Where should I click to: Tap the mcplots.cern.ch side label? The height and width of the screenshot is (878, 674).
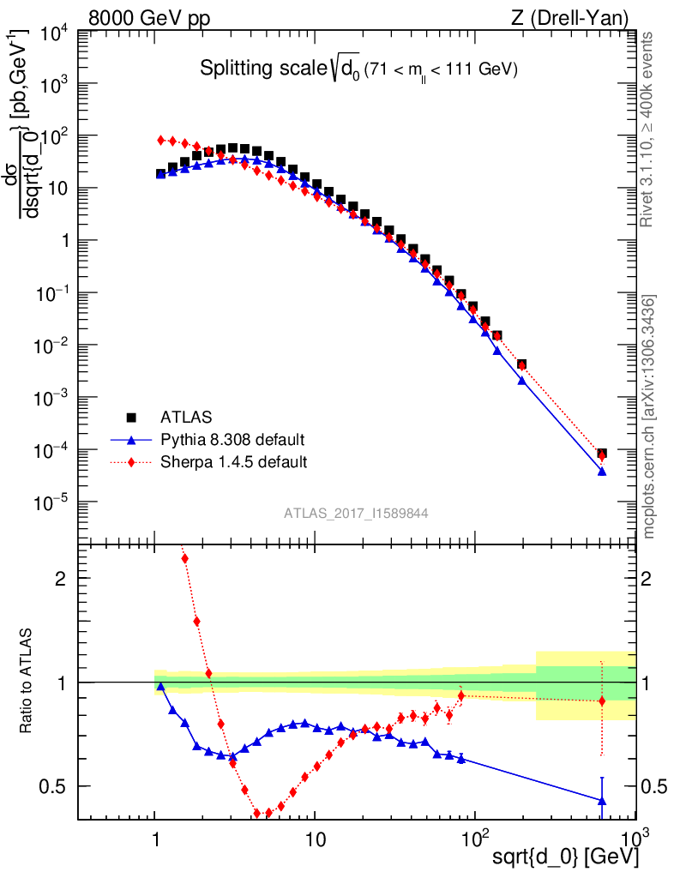[x=650, y=417]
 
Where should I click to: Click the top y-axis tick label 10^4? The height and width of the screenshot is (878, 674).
[x=52, y=33]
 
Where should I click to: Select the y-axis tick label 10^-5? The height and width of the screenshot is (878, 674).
[x=51, y=502]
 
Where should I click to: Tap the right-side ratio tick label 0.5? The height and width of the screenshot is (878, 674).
[x=655, y=786]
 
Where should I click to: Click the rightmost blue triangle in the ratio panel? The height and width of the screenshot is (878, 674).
[x=602, y=801]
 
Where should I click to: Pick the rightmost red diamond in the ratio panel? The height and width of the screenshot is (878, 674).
[x=602, y=701]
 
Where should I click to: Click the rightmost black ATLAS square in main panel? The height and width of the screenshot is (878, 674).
[x=602, y=454]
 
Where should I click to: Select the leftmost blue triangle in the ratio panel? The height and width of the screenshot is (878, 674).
[x=160, y=686]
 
